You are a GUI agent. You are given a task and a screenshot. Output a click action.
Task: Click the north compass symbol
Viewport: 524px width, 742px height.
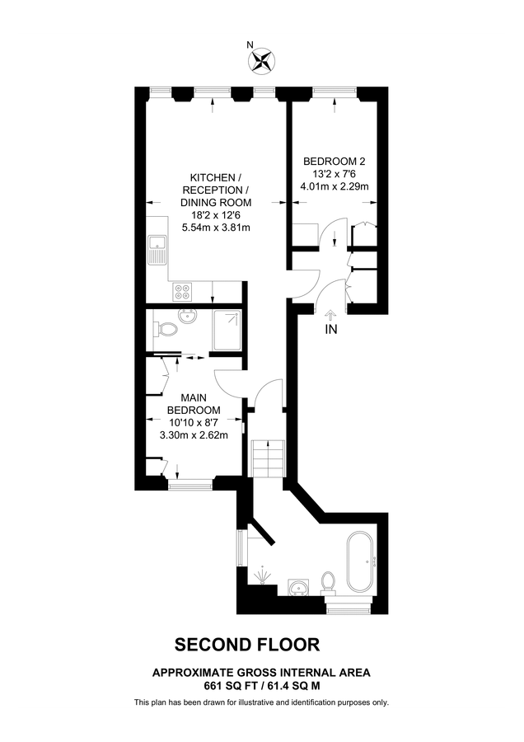click(x=262, y=60)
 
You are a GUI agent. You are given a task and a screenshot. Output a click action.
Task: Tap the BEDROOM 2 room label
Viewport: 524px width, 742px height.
click(x=334, y=161)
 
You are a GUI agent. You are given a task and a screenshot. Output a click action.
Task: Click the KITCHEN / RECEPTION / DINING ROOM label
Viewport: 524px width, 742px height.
click(x=216, y=190)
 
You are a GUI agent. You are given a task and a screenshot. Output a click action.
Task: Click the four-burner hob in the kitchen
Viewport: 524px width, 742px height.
click(x=182, y=291)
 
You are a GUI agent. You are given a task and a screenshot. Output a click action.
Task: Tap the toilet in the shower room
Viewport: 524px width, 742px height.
click(x=166, y=330)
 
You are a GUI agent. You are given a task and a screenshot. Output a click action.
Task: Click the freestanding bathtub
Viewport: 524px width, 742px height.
click(x=360, y=562)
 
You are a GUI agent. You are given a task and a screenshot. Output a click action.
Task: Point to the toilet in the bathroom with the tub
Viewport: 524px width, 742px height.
click(x=328, y=583)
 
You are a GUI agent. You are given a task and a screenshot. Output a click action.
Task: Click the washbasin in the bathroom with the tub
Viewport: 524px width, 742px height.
click(x=299, y=587)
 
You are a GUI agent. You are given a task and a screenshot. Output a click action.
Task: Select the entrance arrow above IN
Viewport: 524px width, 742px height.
click(x=331, y=313)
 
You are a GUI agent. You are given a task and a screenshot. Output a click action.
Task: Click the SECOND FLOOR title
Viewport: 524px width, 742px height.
click(x=246, y=644)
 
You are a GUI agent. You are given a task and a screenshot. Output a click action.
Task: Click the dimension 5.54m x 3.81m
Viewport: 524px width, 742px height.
click(x=216, y=227)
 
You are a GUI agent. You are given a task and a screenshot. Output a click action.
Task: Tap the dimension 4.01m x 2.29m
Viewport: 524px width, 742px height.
click(x=334, y=186)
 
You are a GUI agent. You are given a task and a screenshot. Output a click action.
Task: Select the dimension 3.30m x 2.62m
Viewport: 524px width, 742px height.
click(x=194, y=430)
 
